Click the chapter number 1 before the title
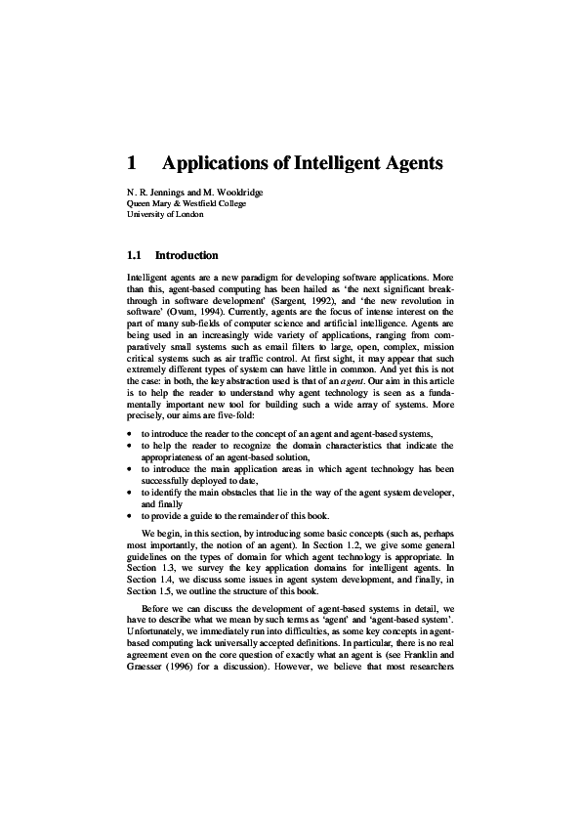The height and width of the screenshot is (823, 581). (133, 162)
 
